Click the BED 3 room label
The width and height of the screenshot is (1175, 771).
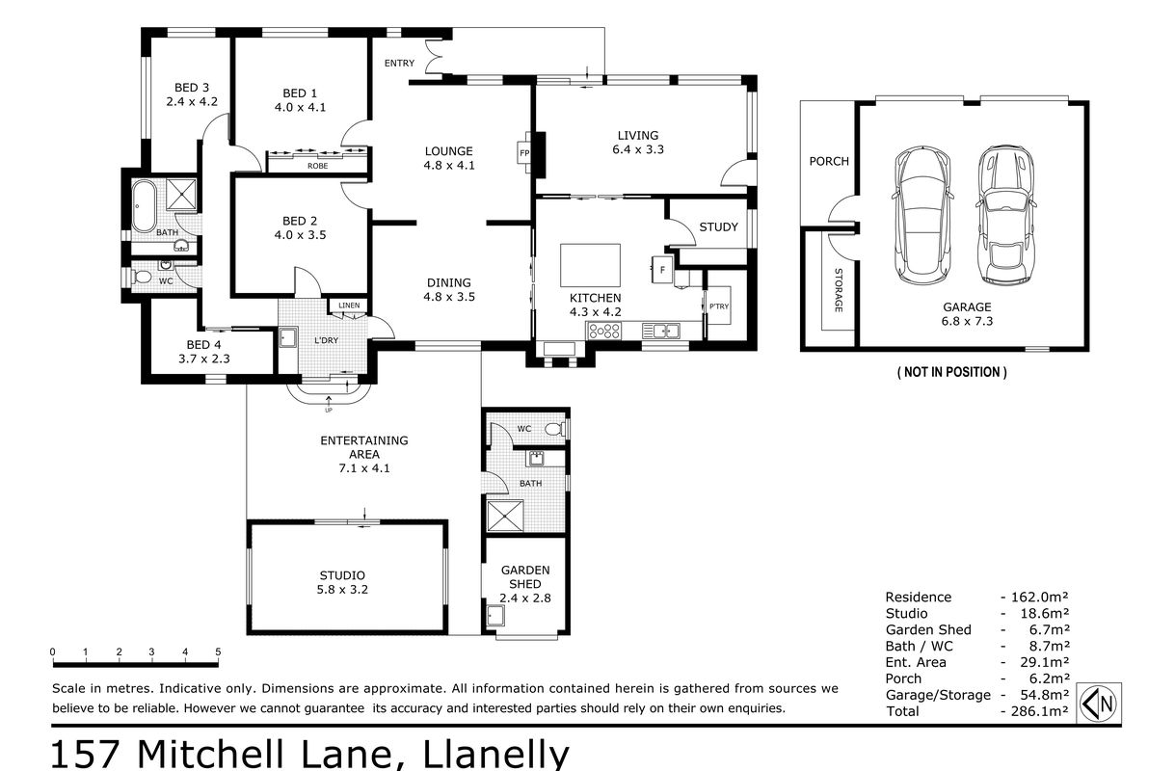tap(192, 88)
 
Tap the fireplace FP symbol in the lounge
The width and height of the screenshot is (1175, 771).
tap(524, 153)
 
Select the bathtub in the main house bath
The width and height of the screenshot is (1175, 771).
tap(144, 206)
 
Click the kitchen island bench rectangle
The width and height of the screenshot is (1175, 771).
tap(590, 265)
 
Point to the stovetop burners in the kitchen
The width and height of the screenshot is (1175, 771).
tap(603, 331)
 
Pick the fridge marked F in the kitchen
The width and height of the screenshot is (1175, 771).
tap(662, 270)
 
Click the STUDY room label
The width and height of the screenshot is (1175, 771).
tap(719, 227)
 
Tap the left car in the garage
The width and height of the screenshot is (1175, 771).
tap(921, 217)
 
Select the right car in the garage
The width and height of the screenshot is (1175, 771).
tap(1005, 216)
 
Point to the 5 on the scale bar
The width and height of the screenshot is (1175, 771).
tap(218, 651)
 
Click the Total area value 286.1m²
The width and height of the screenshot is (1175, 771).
tap(1039, 711)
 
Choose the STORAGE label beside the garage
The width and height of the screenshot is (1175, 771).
tap(839, 290)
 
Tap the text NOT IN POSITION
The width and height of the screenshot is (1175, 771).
tap(951, 372)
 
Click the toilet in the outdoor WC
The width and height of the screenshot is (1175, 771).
tap(555, 430)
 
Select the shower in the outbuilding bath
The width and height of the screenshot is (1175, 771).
tap(505, 517)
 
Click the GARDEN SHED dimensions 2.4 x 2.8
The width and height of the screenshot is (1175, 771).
tap(525, 598)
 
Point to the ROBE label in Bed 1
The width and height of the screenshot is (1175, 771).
tap(317, 166)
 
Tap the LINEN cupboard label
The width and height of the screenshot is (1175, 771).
tap(349, 306)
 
